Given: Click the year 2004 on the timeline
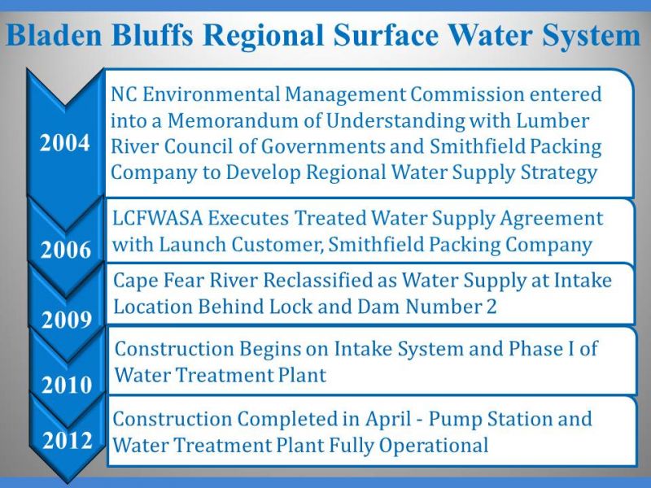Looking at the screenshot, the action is tap(65, 143).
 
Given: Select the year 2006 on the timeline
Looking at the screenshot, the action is tap(66, 250).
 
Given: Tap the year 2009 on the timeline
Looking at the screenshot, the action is tap(67, 320).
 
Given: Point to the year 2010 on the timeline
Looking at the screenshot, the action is tap(67, 385).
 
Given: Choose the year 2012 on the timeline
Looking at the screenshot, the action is tap(68, 440).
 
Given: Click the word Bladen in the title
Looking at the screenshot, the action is tap(54, 35).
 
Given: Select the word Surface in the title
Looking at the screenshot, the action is tap(385, 35).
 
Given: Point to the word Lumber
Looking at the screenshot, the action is tap(553, 120).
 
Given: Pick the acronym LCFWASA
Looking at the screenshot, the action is tap(157, 218).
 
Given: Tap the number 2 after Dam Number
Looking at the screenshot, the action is tap(491, 307).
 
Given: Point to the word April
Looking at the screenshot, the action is tap(388, 420).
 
